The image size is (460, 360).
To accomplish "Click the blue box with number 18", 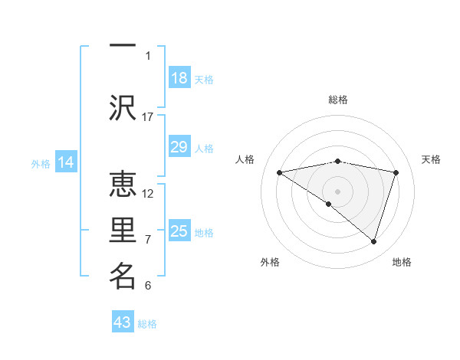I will click(179, 78).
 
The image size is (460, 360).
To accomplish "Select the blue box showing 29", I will click(179, 147).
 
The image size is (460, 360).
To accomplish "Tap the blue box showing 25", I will click(179, 231).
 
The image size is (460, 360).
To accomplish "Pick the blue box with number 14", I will click(66, 162).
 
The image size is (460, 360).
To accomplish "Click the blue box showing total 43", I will click(123, 322).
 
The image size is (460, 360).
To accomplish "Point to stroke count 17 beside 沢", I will click(148, 116).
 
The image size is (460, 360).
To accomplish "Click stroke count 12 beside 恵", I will click(148, 193).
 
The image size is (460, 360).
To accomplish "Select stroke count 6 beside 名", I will click(148, 286).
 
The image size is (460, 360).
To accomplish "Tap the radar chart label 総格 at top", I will click(338, 100).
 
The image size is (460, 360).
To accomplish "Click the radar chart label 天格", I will click(432, 159).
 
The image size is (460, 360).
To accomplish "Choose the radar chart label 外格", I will click(270, 262).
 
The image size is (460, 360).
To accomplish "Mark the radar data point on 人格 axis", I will click(280, 172).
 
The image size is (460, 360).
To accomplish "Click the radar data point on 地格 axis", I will click(373, 241).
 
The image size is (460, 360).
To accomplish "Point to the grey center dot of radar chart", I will click(337, 190).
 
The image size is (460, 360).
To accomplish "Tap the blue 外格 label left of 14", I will click(40, 163).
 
